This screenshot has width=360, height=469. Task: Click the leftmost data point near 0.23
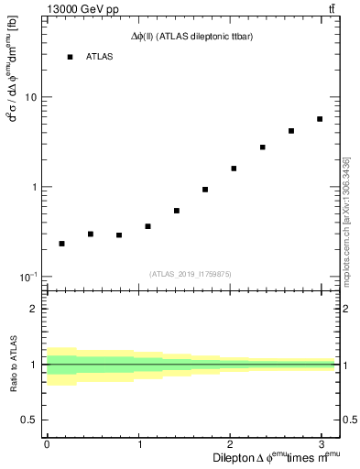click(61, 244)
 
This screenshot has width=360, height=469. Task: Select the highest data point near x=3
click(320, 119)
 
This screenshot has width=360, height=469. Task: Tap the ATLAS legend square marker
click(70, 57)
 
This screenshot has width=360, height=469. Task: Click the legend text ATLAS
click(99, 57)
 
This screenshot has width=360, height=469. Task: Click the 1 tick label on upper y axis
click(35, 187)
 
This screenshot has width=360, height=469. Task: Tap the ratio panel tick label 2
click(35, 309)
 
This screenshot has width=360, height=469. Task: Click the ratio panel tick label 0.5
click(30, 420)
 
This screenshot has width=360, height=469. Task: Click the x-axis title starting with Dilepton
click(275, 458)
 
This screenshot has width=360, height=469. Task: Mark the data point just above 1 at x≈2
click(234, 169)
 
